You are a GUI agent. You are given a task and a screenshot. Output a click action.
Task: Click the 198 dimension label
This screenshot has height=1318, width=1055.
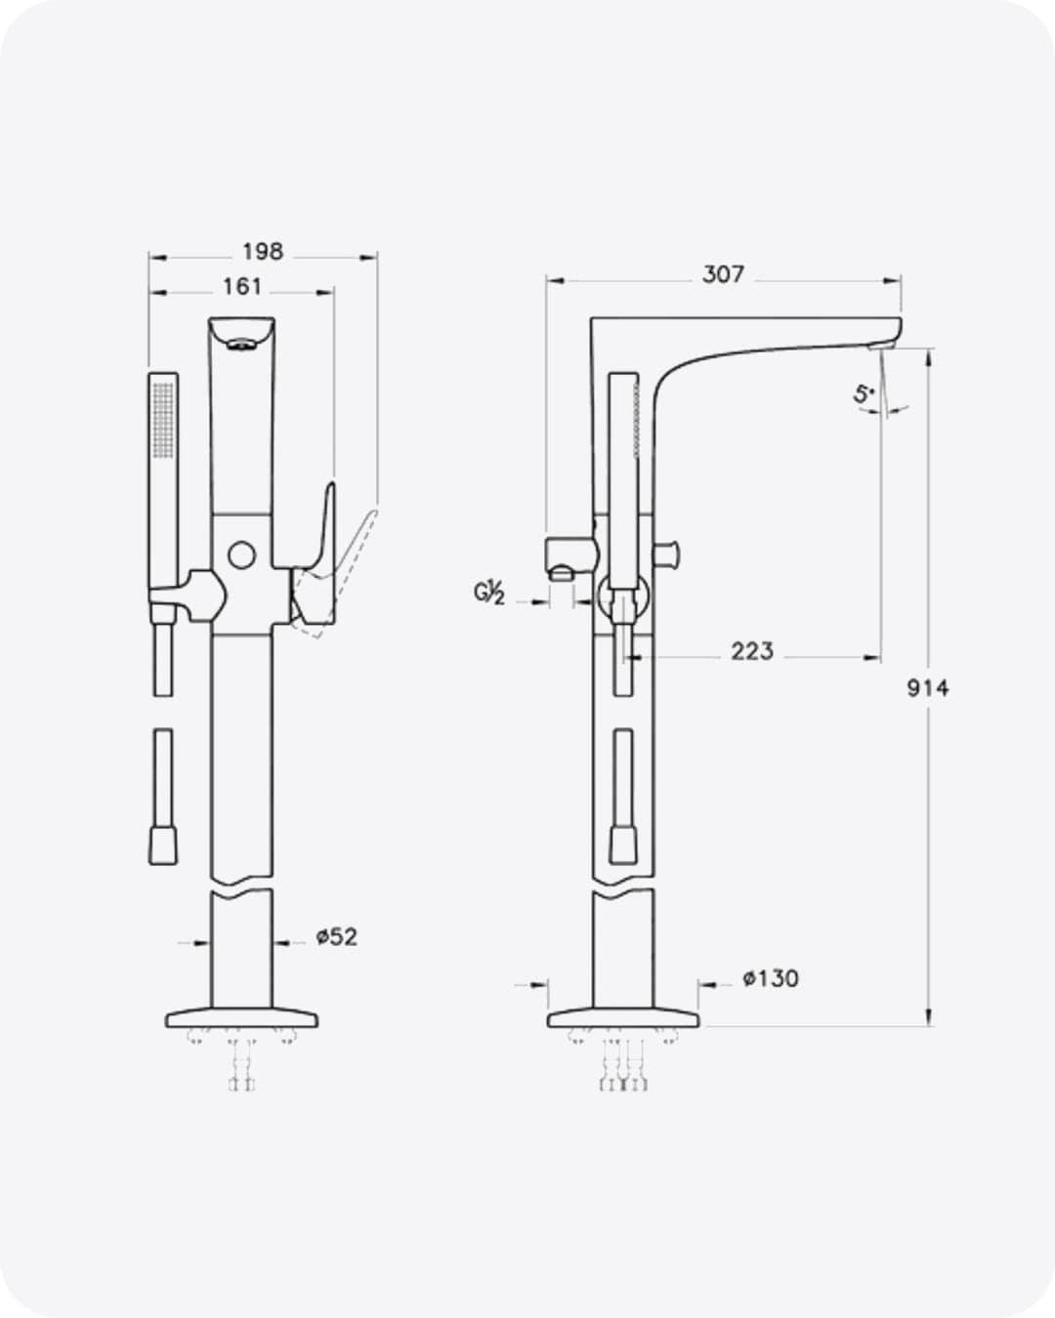coord(263,252)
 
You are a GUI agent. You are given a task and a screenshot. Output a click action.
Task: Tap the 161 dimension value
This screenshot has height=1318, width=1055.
coord(242,287)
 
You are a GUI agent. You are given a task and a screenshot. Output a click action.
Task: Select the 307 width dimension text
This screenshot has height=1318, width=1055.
coord(723,274)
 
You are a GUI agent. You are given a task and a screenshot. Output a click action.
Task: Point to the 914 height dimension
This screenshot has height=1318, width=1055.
coord(927,688)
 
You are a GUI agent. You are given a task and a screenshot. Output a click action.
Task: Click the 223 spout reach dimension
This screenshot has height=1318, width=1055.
coord(752,651)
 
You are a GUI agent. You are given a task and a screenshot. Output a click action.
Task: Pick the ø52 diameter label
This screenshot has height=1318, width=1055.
coord(337,936)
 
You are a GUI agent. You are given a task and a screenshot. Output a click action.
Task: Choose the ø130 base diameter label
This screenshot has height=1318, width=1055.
coord(771,978)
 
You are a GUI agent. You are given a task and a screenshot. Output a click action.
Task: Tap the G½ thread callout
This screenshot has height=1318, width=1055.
coord(489,594)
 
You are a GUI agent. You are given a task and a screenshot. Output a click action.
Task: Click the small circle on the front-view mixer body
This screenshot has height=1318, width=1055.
coord(241,556)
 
